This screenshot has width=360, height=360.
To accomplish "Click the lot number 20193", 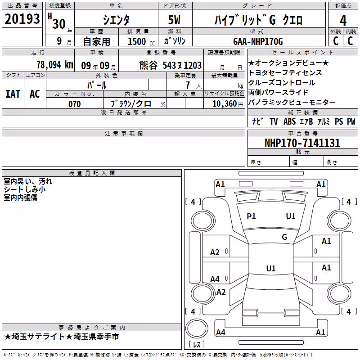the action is [22, 19].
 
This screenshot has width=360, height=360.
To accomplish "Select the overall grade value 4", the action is [343, 21].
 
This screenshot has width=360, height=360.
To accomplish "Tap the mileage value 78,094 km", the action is [55, 65].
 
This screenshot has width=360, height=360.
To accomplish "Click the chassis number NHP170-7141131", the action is [302, 143].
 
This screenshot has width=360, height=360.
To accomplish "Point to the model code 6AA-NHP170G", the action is [258, 41].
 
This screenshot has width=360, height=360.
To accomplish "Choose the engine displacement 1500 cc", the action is [141, 41].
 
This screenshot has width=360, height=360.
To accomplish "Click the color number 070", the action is [75, 104].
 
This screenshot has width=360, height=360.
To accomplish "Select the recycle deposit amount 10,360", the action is [225, 104].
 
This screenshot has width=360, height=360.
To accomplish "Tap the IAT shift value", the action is [13, 94].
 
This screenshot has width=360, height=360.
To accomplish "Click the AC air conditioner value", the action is [35, 94].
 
